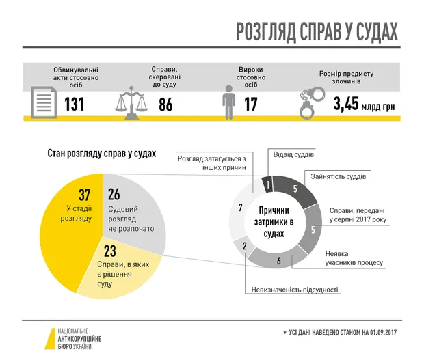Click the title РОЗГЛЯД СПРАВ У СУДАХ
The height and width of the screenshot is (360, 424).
click(317, 31)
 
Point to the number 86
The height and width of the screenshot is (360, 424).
click(165, 105)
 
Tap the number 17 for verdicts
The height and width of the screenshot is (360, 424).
click(251, 105)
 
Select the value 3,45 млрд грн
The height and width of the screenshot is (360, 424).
click(363, 105)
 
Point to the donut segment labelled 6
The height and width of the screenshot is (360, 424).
click(279, 260)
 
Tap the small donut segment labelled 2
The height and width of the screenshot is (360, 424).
click(244, 246)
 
